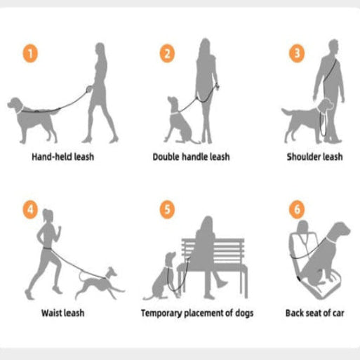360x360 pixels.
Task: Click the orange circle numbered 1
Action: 30,53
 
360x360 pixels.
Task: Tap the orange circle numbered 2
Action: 167,53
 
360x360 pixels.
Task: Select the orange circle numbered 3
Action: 297,53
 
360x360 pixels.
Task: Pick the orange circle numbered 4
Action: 30,209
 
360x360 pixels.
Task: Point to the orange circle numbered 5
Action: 167,209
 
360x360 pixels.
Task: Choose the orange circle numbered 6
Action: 297,209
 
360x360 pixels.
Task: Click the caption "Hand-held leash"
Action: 63,156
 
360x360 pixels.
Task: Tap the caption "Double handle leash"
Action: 191,156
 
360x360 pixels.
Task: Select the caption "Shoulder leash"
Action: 314,156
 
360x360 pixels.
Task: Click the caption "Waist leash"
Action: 62,313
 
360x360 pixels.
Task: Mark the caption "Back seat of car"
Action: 314,313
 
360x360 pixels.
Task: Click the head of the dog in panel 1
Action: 15,105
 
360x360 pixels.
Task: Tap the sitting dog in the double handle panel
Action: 180,120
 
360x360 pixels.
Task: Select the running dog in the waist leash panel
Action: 100,284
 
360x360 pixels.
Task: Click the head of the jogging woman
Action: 48,215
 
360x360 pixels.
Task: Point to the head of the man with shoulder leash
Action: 333,47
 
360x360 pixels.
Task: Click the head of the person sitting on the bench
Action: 206,224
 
